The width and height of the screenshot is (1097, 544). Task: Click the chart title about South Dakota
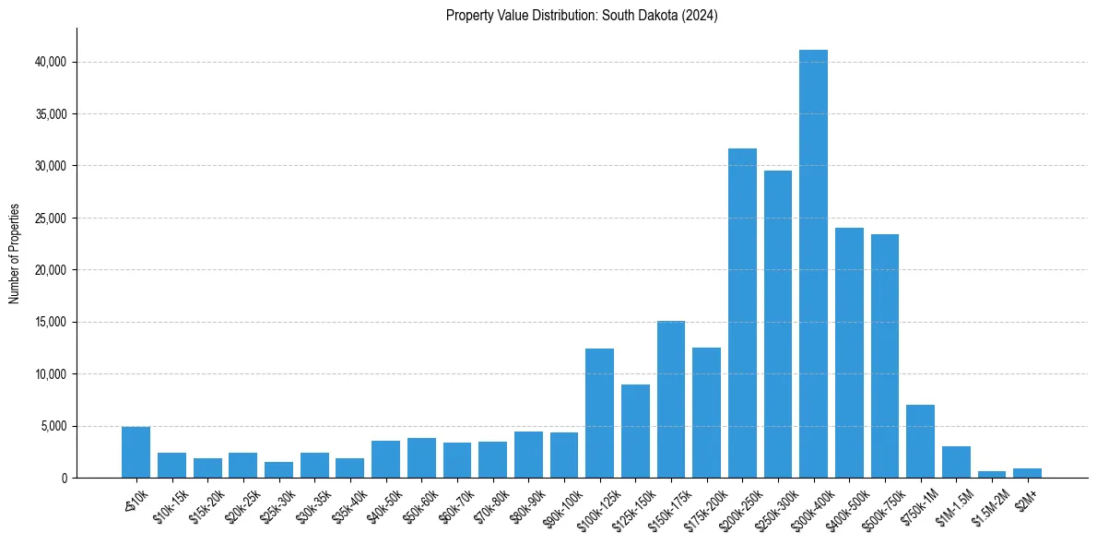click(x=582, y=16)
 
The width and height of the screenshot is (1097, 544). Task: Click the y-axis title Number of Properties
click(x=15, y=253)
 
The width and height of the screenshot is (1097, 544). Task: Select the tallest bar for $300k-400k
click(x=813, y=264)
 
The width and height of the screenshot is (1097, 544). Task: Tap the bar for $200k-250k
click(x=742, y=313)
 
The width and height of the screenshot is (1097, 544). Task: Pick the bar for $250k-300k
click(x=778, y=324)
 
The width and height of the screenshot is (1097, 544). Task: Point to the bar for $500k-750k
click(x=885, y=356)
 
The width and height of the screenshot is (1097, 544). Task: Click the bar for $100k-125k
click(x=599, y=413)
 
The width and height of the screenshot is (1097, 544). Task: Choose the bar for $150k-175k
click(x=671, y=399)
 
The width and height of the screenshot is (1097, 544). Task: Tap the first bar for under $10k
click(x=136, y=452)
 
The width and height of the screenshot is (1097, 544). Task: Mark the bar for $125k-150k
click(x=635, y=431)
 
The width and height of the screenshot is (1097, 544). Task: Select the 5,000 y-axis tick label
click(x=53, y=426)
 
